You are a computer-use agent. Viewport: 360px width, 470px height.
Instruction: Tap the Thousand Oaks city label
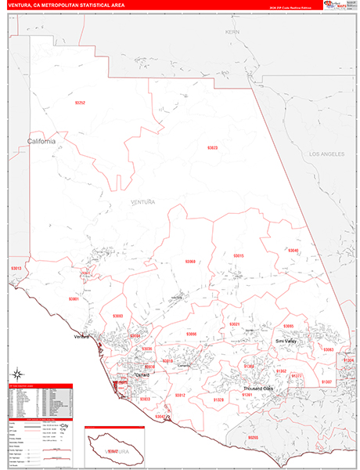(257, 389)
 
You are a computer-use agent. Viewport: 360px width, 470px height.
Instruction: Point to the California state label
(41, 142)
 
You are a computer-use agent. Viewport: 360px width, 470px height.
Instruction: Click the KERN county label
(232, 32)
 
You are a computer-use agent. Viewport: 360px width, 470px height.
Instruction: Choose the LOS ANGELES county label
(326, 154)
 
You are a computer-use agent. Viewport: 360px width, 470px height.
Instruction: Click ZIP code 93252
(80, 103)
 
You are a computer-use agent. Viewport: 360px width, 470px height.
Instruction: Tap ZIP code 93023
(212, 148)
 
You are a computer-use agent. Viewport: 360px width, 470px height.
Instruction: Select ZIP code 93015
(239, 256)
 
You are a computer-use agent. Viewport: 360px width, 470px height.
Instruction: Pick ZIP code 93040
(293, 251)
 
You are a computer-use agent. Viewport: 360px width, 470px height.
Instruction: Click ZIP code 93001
(74, 298)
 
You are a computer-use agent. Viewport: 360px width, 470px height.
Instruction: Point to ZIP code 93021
(234, 324)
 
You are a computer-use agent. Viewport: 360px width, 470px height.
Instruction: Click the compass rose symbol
(16, 374)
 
